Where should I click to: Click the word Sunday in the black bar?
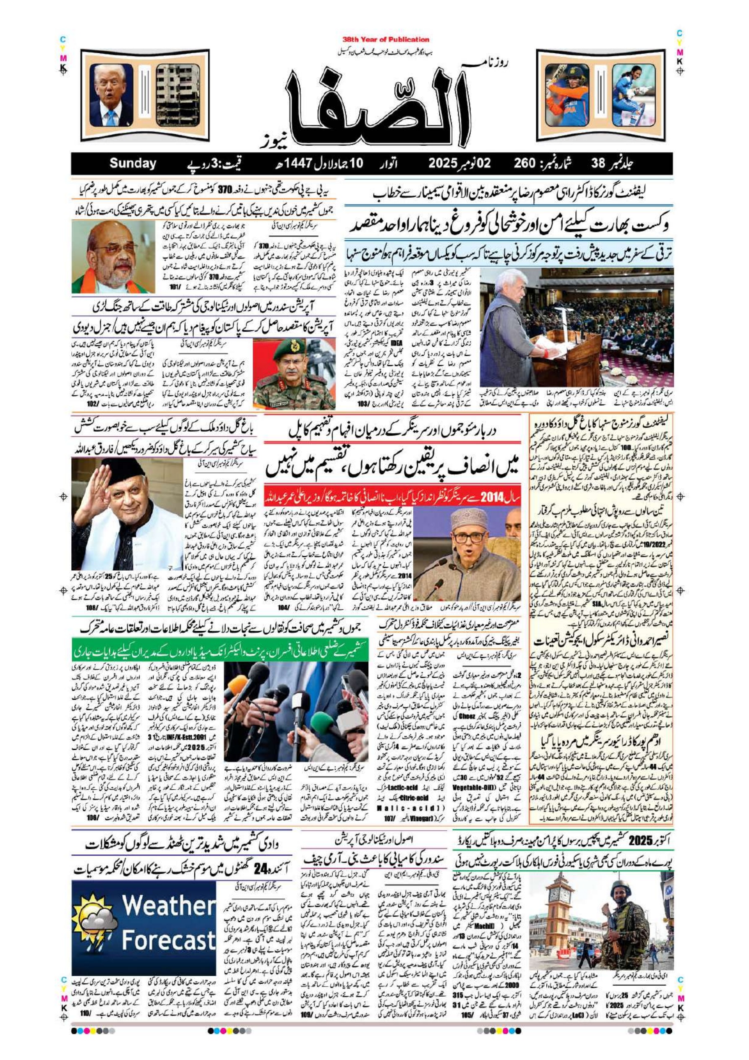pos(133,164)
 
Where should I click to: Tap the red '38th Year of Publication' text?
pos(386,40)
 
